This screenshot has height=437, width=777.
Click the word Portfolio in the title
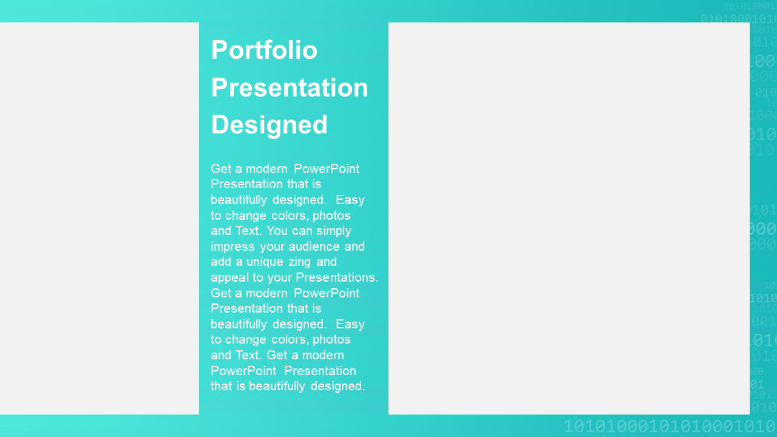[264, 50]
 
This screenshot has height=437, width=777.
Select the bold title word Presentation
[290, 87]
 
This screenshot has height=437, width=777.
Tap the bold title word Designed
[269, 125]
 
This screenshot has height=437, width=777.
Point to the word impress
[232, 246]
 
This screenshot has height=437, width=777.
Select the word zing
[299, 262]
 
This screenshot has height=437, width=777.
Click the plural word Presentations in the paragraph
[337, 277]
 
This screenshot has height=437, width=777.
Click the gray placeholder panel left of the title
[100, 218]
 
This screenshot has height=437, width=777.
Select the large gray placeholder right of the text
[569, 218]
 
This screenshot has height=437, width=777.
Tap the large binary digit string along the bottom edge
[670, 426]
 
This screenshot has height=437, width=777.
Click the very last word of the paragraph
[338, 387]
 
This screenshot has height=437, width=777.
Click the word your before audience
[273, 247]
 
